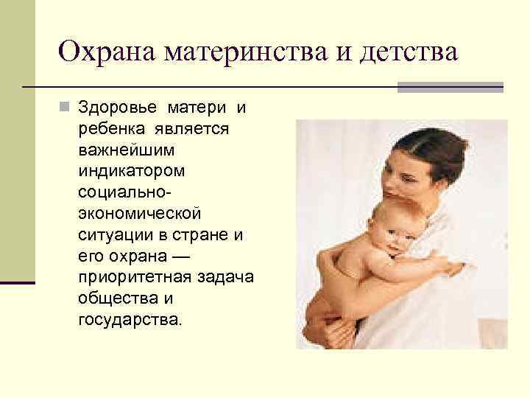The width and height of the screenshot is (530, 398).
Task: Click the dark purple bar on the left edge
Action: click(18, 282)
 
